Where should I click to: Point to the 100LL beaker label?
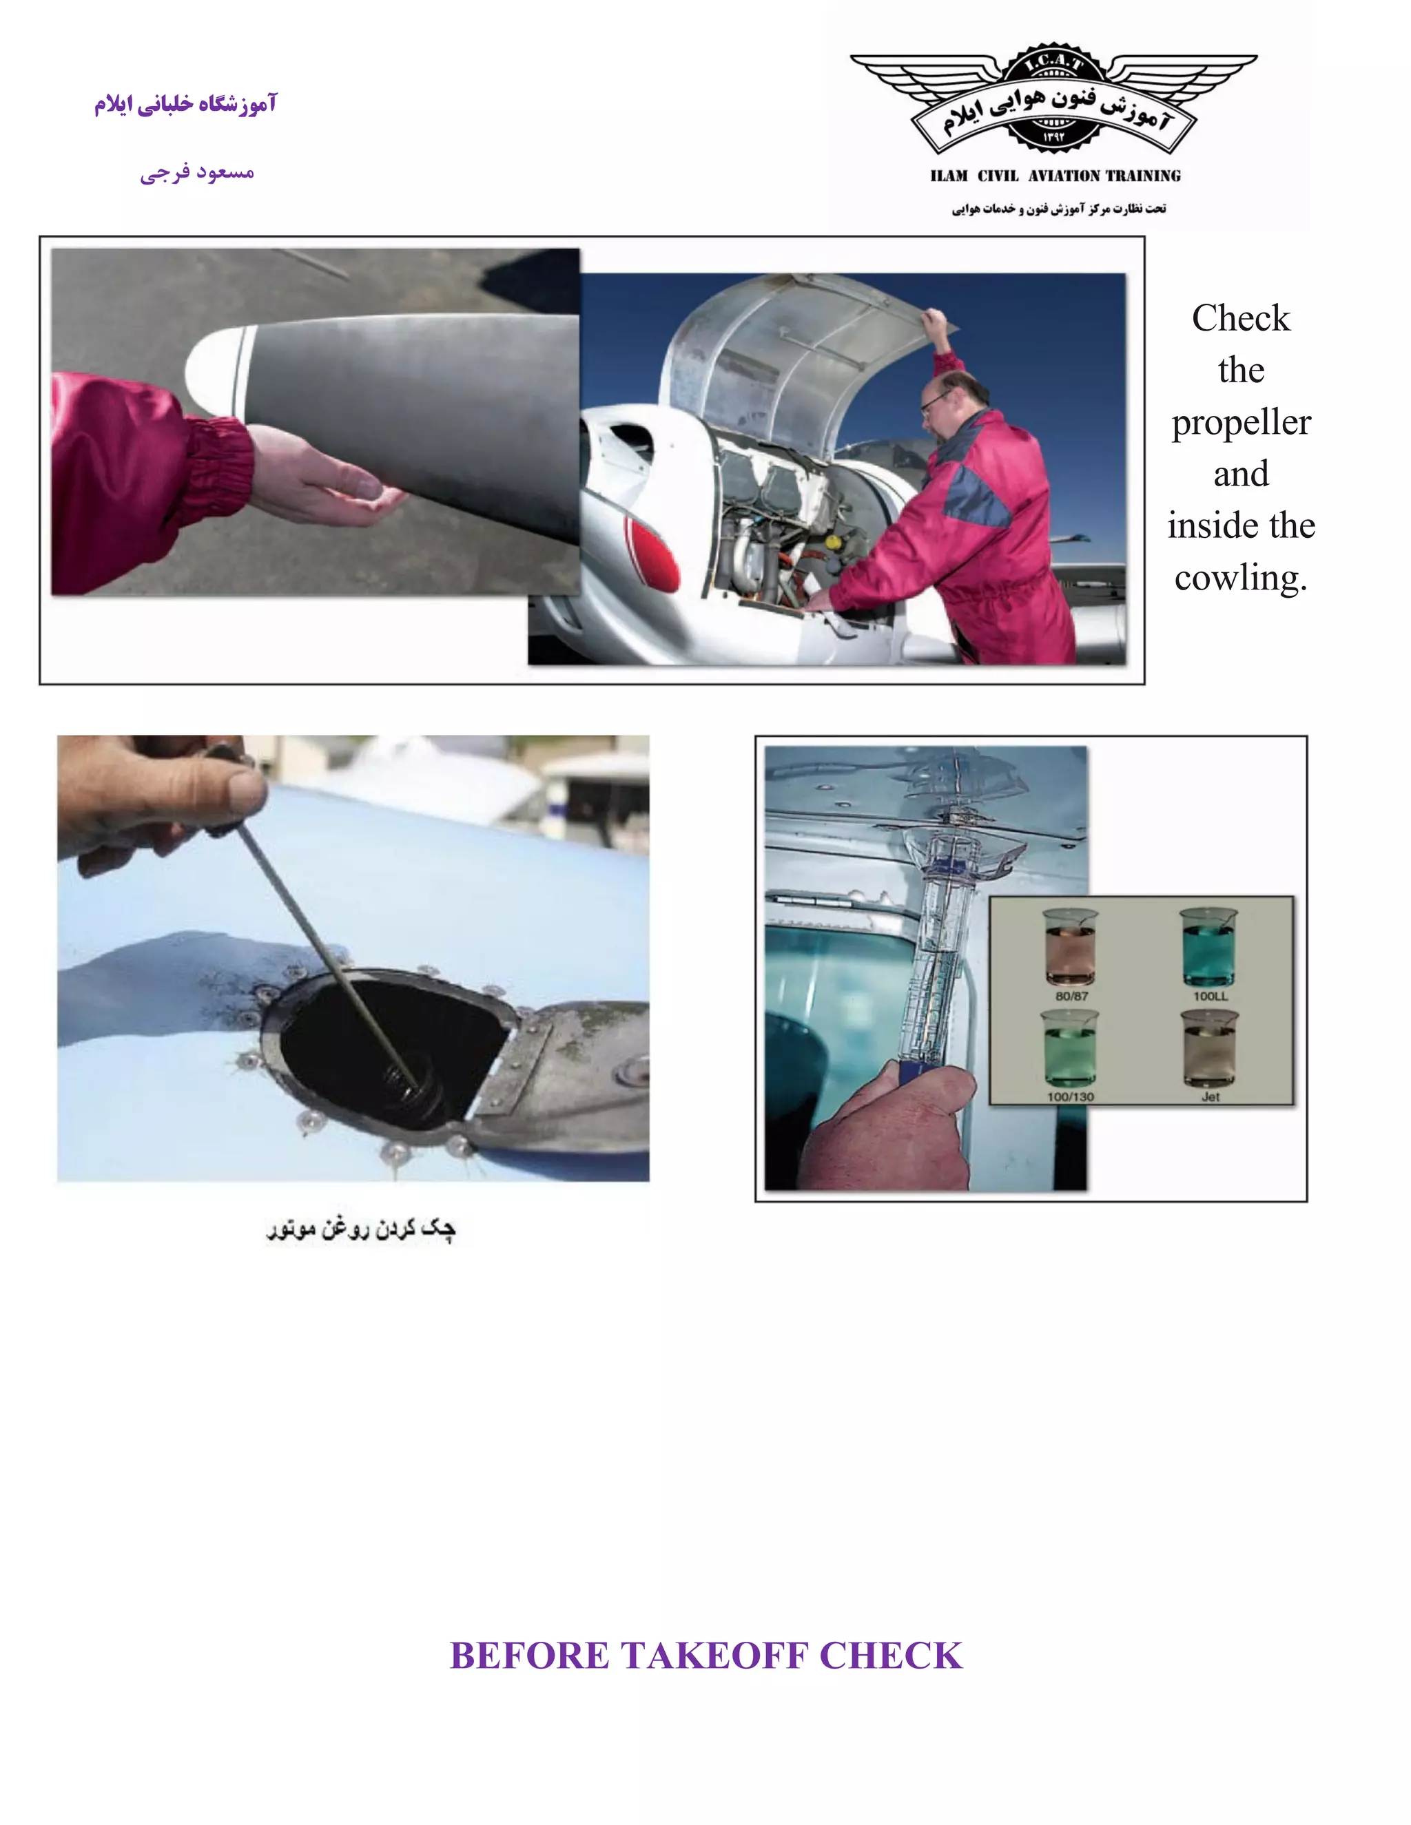coord(1211,996)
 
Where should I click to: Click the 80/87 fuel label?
coord(1071,996)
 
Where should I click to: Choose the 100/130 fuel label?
coord(1070,1096)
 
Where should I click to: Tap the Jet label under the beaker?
coord(1211,1096)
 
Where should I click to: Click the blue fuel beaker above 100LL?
coord(1208,948)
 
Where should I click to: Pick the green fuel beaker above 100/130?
coord(1069,1049)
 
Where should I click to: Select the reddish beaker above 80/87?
coord(1071,948)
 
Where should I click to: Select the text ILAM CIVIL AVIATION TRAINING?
coord(1055,176)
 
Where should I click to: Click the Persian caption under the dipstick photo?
coord(361,1229)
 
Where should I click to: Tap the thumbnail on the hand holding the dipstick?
coord(247,788)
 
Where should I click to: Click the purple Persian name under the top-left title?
coord(197,173)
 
